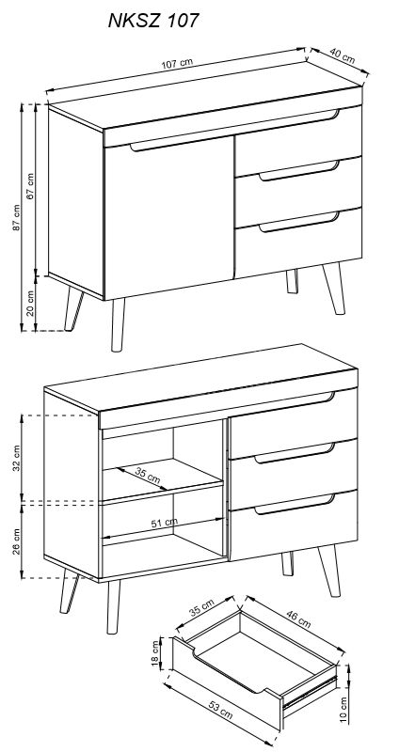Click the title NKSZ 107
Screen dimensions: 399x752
(153, 21)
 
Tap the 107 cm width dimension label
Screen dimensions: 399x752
(177, 63)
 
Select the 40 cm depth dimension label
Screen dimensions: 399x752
(342, 56)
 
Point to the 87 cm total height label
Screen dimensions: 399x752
(16, 218)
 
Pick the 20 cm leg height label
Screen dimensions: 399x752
(31, 303)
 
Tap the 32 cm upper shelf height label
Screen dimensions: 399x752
(17, 459)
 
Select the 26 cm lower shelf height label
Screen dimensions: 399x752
(17, 541)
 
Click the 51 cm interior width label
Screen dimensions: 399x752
(164, 523)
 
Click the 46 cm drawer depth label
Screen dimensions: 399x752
(298, 619)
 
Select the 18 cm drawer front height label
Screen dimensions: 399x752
(155, 652)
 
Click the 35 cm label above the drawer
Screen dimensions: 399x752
(201, 607)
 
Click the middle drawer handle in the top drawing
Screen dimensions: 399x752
(299, 171)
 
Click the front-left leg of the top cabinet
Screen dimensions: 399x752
(118, 324)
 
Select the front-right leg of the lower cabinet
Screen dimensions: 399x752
(329, 571)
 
